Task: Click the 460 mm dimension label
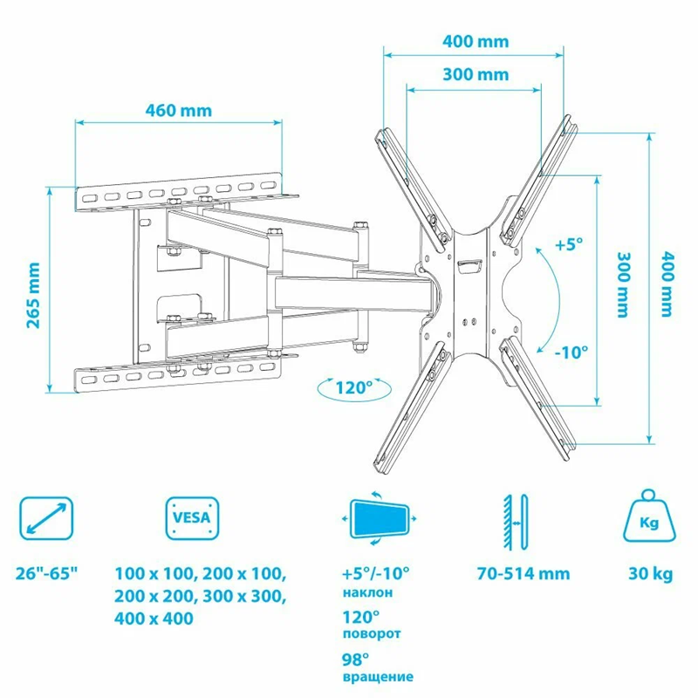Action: tap(179, 111)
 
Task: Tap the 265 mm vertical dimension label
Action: tap(33, 296)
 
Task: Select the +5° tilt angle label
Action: tap(569, 244)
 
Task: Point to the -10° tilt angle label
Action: tap(571, 352)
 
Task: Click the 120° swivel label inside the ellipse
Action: tap(354, 388)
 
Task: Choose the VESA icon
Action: tap(192, 518)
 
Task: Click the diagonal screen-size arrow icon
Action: tap(46, 518)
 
